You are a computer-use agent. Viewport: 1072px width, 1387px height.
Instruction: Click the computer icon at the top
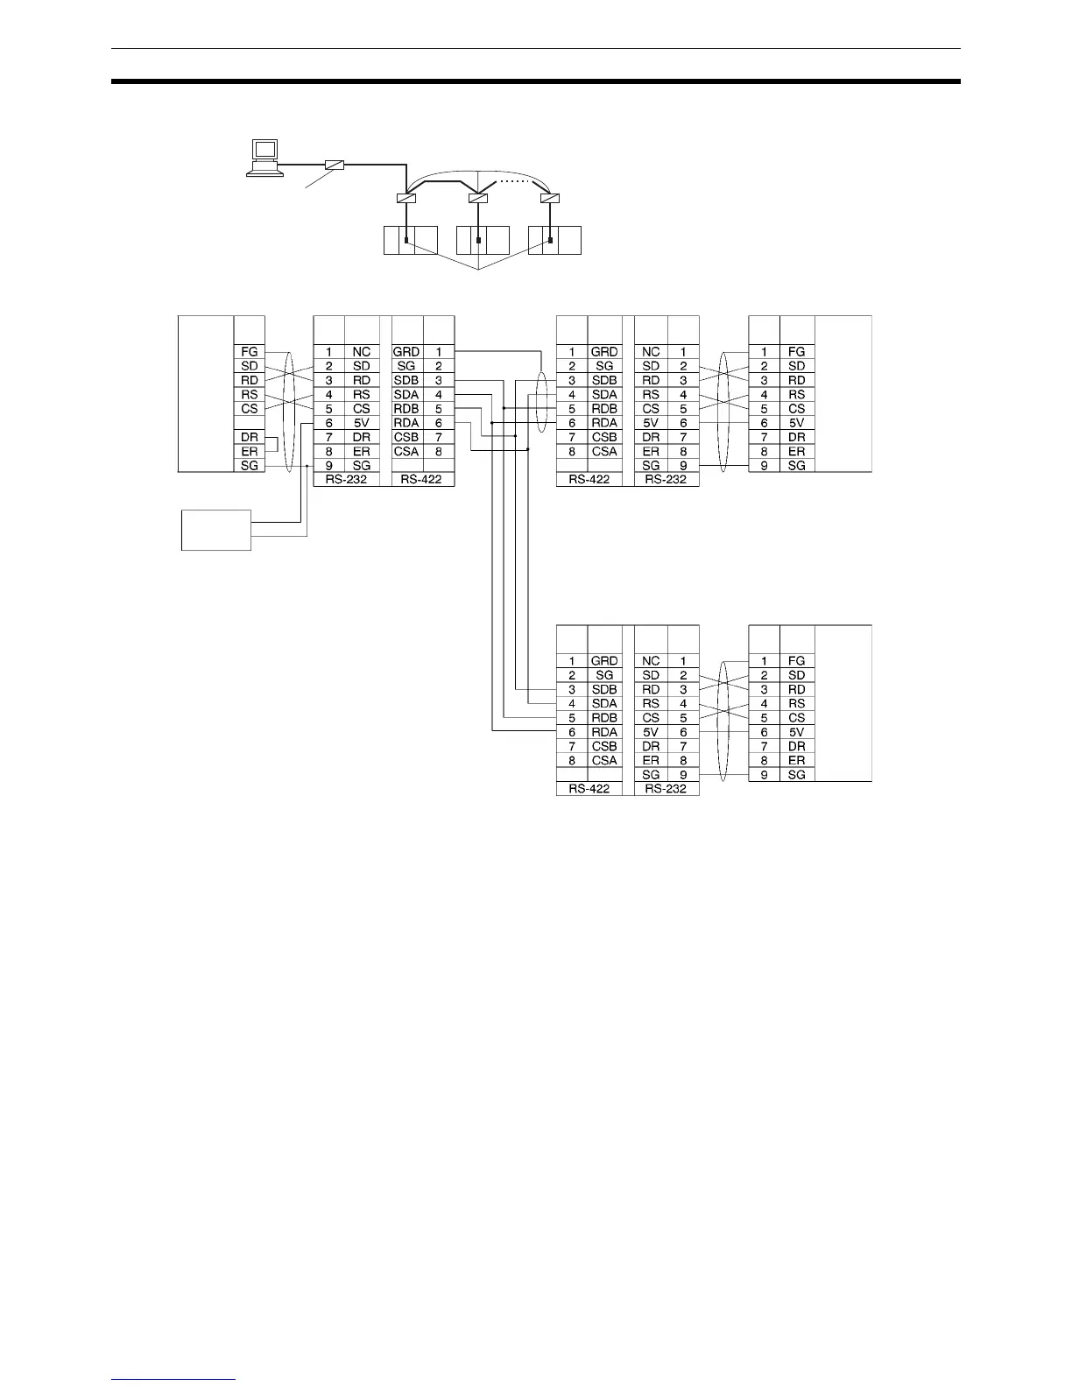[x=264, y=158]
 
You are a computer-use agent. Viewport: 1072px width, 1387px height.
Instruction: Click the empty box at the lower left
[x=215, y=530]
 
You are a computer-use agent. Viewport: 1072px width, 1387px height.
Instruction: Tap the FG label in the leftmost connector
[x=250, y=352]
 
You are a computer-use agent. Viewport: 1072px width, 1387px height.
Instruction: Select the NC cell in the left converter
[x=362, y=352]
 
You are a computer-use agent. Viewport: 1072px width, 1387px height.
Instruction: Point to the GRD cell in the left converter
[x=406, y=352]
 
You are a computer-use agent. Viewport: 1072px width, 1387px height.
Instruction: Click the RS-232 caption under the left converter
[x=346, y=480]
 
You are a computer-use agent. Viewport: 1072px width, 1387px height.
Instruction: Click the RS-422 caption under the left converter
[x=421, y=480]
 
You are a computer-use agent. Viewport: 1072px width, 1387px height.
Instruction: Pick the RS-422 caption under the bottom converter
[x=589, y=789]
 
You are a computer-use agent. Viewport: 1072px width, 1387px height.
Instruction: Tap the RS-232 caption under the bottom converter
[x=666, y=789]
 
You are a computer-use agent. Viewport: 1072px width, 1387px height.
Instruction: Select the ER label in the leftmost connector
[x=250, y=451]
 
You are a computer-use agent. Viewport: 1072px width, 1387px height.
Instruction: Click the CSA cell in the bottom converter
[x=604, y=760]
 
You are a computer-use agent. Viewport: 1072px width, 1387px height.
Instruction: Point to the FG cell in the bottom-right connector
[x=796, y=661]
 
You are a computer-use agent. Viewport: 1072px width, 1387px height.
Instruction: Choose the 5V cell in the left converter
[x=362, y=423]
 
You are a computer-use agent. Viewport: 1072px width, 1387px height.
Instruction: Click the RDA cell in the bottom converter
[x=604, y=732]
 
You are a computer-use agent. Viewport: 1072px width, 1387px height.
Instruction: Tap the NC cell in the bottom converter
[x=651, y=661]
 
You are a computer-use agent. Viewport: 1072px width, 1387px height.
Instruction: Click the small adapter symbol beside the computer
[x=334, y=165]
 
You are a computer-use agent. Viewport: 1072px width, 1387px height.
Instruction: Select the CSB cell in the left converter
[x=406, y=437]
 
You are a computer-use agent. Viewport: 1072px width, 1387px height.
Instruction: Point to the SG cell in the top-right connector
[x=796, y=466]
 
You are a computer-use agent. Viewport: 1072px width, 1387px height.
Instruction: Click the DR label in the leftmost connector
[x=250, y=437]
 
